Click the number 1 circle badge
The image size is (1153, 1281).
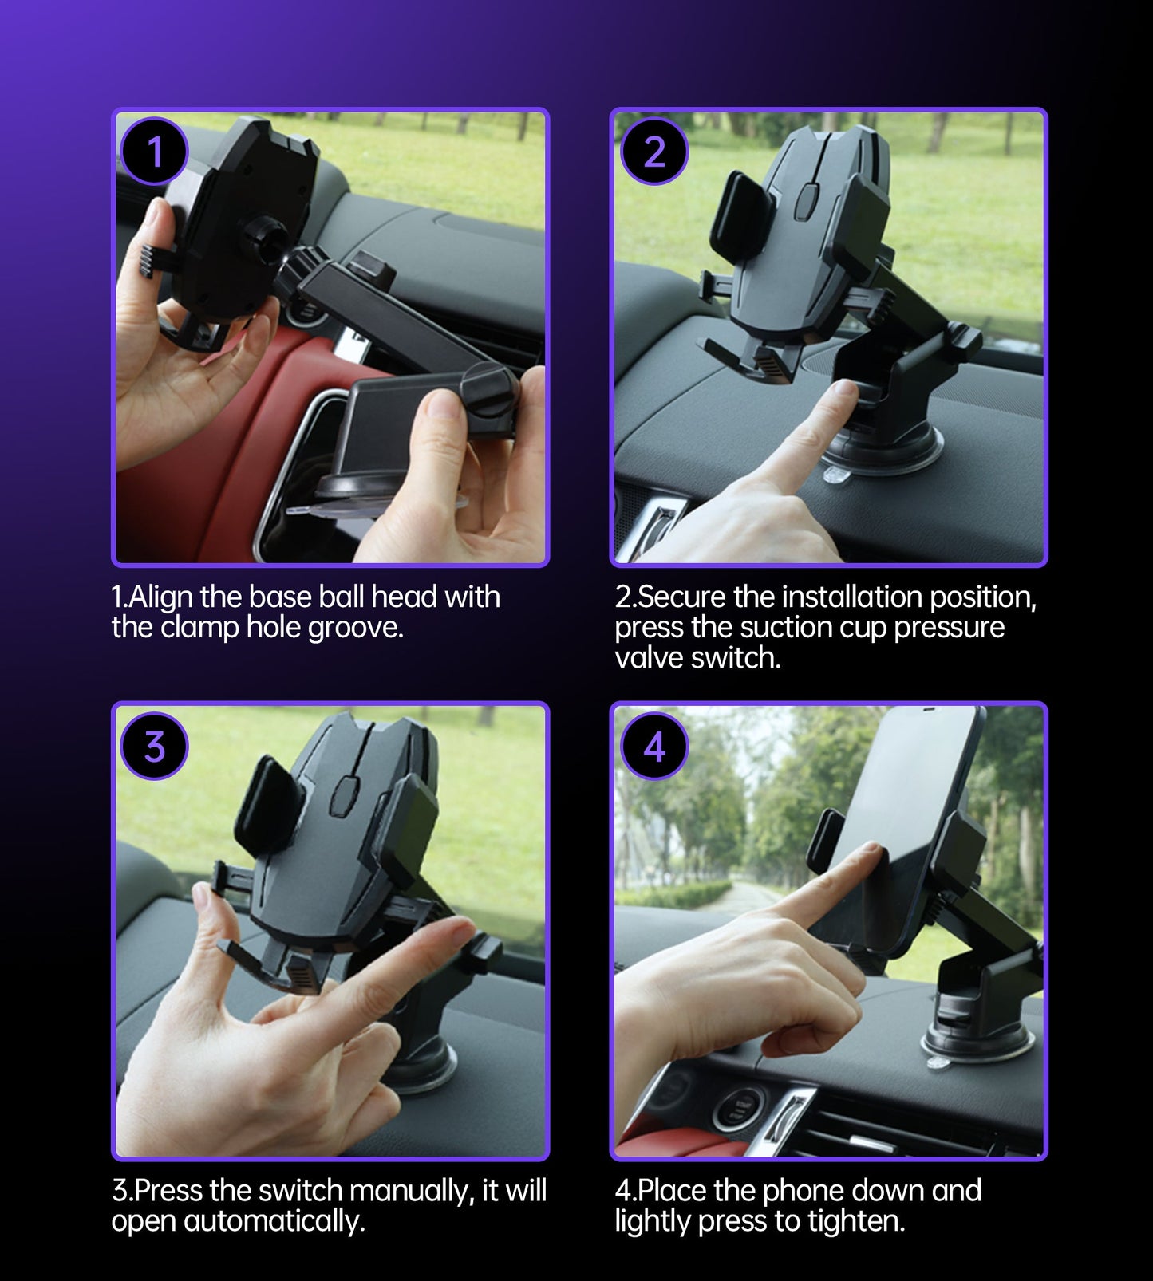tap(154, 152)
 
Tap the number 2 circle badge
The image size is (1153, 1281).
tap(653, 152)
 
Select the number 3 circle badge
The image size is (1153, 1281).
tap(154, 747)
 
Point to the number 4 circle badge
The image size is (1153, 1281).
tap(653, 747)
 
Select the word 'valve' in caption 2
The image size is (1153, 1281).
tap(647, 658)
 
